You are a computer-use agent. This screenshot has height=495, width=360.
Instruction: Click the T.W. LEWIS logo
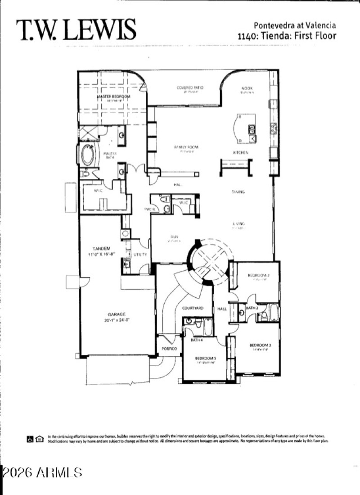click(x=76, y=30)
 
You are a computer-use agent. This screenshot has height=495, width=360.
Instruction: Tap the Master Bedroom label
click(x=113, y=97)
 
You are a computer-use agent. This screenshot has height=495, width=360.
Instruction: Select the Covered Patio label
click(x=190, y=87)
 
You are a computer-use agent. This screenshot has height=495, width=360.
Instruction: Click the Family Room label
click(x=186, y=147)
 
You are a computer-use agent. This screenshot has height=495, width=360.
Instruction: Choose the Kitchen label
click(x=241, y=153)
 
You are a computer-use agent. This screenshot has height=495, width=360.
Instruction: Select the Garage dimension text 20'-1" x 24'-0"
click(x=116, y=320)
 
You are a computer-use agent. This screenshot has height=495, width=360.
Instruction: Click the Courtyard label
click(x=193, y=308)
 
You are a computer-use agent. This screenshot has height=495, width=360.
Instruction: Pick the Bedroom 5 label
click(x=205, y=359)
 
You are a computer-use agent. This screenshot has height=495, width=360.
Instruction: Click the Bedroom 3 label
click(x=260, y=345)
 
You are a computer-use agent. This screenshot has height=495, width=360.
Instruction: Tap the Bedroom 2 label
click(x=258, y=275)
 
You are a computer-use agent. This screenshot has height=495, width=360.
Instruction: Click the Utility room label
click(x=140, y=254)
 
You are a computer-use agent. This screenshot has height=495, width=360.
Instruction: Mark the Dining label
click(x=238, y=192)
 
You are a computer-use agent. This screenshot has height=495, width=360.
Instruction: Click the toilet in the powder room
click(x=166, y=199)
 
